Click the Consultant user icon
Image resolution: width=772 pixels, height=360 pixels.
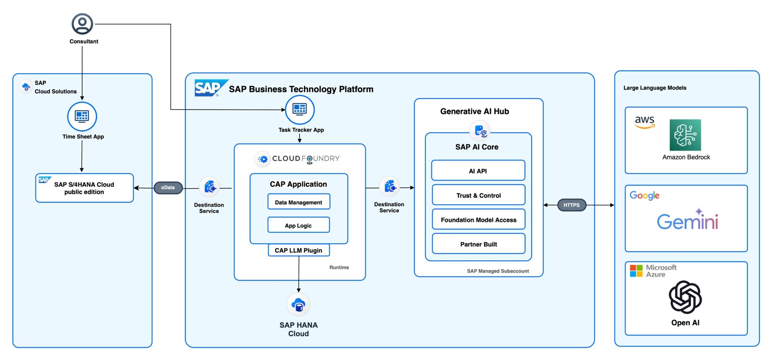[x=82, y=24]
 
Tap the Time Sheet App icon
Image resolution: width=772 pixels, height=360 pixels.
[x=82, y=116]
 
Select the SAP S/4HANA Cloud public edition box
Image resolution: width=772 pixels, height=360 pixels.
[x=84, y=188]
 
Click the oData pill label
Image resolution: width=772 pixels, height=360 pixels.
[x=168, y=187]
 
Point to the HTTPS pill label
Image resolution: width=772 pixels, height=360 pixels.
[x=571, y=205]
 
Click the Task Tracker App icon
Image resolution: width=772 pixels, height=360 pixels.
[x=300, y=110]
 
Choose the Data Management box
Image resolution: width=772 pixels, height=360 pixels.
[x=299, y=202]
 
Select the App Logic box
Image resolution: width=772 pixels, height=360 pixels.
[x=299, y=225]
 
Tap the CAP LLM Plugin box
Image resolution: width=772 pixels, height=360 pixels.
[x=299, y=250]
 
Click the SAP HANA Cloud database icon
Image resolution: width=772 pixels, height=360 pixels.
[x=299, y=305]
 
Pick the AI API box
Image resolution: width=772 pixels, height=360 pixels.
[x=478, y=171]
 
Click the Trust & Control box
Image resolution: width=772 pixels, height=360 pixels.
[x=478, y=195]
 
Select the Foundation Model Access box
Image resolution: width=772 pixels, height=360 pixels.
[x=478, y=220]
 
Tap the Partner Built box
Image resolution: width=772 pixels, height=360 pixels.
[x=478, y=244]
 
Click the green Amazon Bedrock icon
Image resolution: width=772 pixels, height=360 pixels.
[x=685, y=135]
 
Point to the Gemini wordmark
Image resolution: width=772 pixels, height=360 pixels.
[x=688, y=221]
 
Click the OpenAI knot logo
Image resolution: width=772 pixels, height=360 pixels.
[x=685, y=297]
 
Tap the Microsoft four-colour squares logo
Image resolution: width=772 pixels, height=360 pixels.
[x=636, y=271]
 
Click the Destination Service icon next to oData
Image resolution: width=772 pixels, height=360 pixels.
[x=209, y=187]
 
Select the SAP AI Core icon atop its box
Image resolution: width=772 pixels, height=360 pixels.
[x=480, y=131]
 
